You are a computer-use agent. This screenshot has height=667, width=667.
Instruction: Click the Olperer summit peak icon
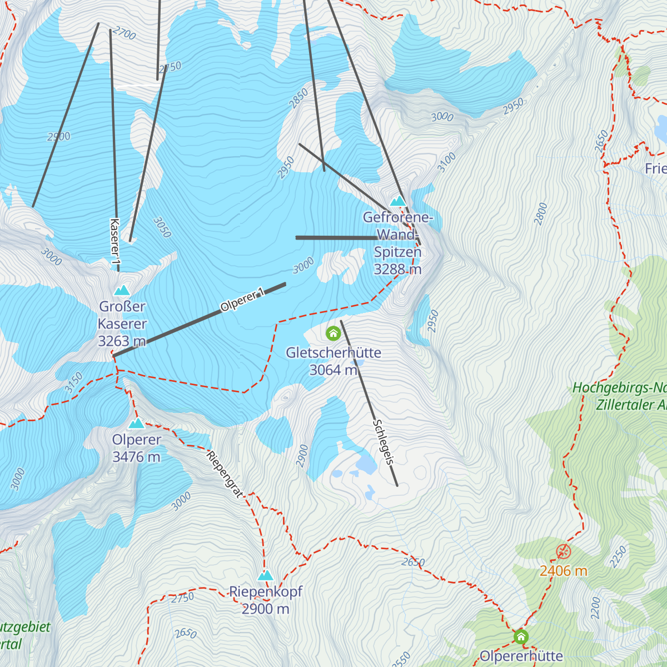click(x=136, y=424)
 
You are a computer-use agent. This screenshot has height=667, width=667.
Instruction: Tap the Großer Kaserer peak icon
click(x=122, y=290)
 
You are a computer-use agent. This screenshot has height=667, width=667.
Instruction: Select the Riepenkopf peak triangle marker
click(x=266, y=575)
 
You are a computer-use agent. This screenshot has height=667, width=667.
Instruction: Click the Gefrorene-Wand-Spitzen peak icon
click(x=398, y=201)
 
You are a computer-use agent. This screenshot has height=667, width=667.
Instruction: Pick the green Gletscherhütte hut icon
click(x=333, y=333)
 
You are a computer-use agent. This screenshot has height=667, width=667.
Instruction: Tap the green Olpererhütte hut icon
click(x=521, y=636)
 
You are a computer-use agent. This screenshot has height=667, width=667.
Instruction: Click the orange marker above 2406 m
click(x=563, y=552)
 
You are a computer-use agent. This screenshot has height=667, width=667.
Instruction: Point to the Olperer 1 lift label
click(x=242, y=301)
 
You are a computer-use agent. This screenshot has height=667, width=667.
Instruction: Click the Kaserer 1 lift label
click(x=115, y=242)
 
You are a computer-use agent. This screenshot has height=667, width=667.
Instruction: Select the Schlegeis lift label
click(x=384, y=442)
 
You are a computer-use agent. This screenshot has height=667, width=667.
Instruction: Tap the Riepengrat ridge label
click(x=225, y=474)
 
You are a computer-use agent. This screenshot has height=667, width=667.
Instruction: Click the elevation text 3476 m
click(x=136, y=457)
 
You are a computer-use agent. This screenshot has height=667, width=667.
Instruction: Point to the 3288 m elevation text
click(x=397, y=270)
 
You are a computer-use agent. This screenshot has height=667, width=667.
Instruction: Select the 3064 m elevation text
click(x=333, y=370)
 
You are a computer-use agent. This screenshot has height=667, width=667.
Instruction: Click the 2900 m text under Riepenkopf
click(x=266, y=609)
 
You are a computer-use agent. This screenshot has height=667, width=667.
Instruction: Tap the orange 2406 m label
click(x=563, y=571)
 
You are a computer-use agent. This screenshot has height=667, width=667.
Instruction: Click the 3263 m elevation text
click(x=122, y=341)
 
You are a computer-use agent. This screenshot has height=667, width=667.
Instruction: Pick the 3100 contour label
click(x=446, y=162)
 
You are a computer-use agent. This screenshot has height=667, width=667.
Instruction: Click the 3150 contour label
click(x=73, y=382)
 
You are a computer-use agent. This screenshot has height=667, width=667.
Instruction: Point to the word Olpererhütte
click(x=521, y=656)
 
